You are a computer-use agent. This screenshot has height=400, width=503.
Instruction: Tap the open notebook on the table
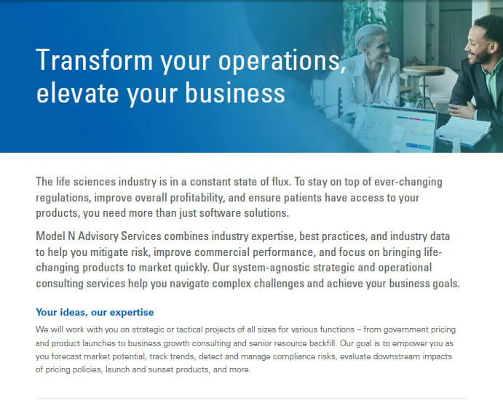(463, 131)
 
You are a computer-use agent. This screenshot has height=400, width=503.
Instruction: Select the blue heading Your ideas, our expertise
(95, 312)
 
